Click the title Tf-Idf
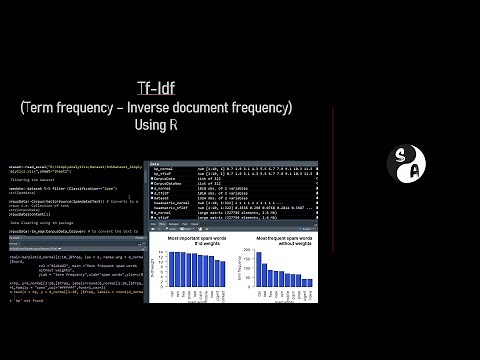point(157,88)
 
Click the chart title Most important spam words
point(199,238)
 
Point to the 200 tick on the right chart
point(252,250)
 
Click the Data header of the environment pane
point(154,163)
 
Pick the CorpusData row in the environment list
point(164,179)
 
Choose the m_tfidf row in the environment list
point(160,195)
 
